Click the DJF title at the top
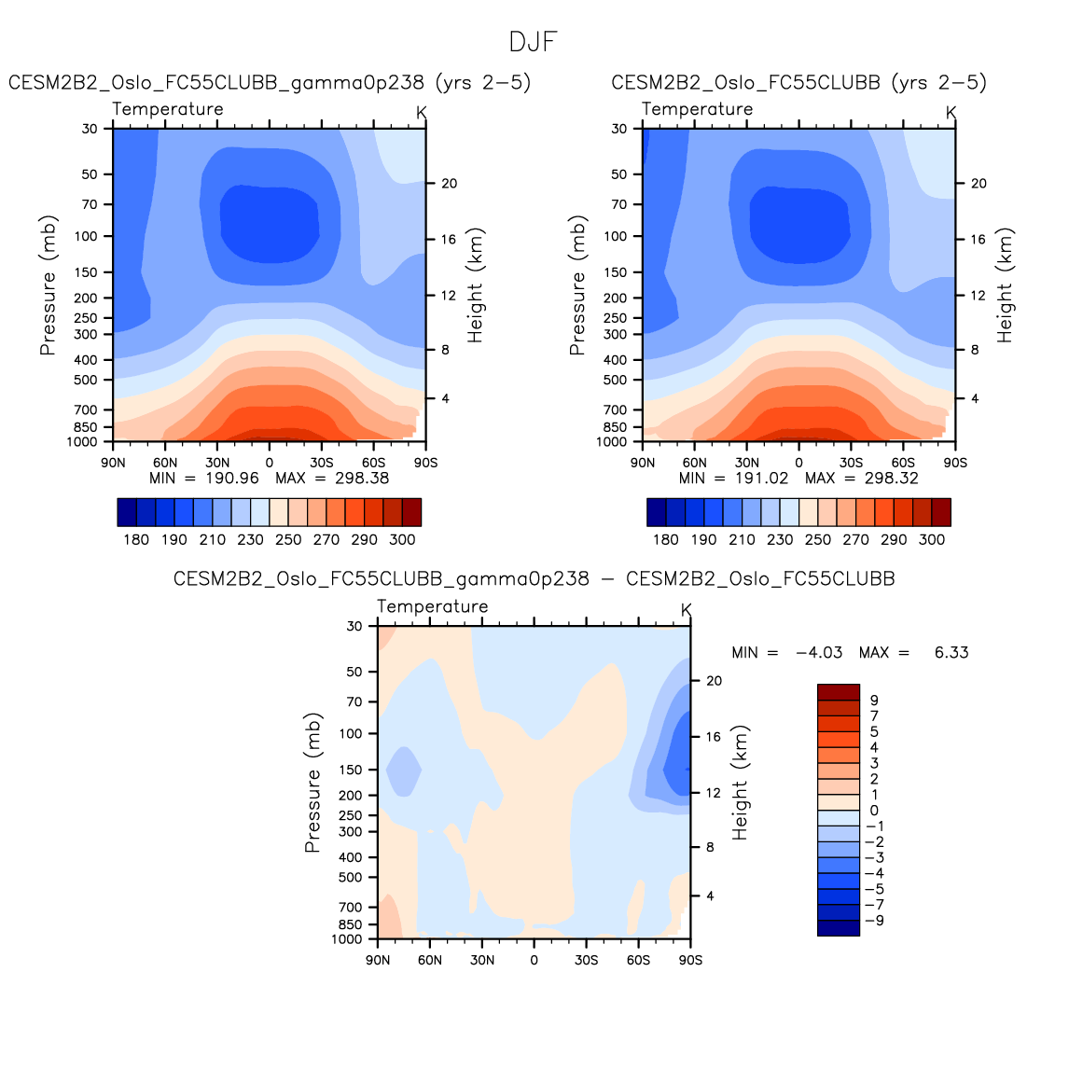pyautogui.click(x=534, y=42)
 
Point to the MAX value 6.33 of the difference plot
pyautogui.click(x=951, y=653)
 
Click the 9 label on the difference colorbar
pyautogui.click(x=874, y=701)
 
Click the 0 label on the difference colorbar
pyautogui.click(x=874, y=811)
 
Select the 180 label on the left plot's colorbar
pyautogui.click(x=136, y=539)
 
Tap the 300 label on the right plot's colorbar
pyautogui.click(x=931, y=539)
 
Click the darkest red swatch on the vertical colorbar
pyautogui.click(x=838, y=692)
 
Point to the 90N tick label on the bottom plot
pyautogui.click(x=378, y=960)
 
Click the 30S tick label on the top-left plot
pyautogui.click(x=322, y=463)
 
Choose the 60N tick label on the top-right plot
pyautogui.click(x=695, y=463)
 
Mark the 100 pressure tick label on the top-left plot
pyautogui.click(x=87, y=236)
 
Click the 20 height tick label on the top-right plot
pyautogui.click(x=979, y=184)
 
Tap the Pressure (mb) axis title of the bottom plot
pyautogui.click(x=312, y=784)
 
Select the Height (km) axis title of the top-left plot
pyautogui.click(x=476, y=285)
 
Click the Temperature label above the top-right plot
pyautogui.click(x=697, y=109)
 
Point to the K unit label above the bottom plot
pyautogui.click(x=687, y=610)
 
